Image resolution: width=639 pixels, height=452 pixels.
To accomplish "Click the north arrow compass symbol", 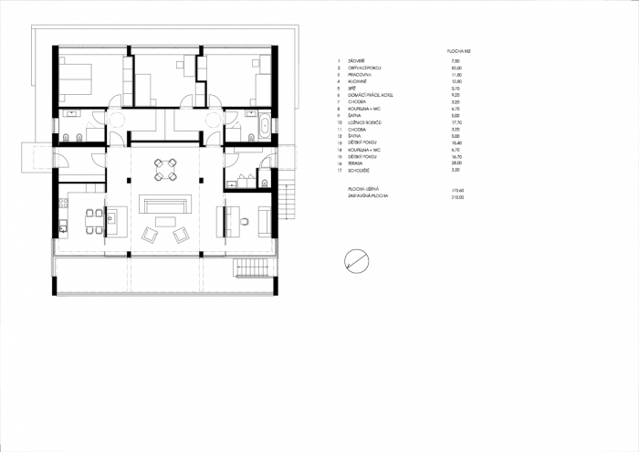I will click(x=356, y=261).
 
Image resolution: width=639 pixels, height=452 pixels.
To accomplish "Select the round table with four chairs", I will click(x=165, y=169).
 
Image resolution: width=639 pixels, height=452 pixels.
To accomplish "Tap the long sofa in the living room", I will click(x=164, y=203).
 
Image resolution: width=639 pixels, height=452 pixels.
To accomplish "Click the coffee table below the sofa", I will click(x=164, y=221).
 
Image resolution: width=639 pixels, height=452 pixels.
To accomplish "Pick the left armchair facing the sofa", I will click(x=149, y=236).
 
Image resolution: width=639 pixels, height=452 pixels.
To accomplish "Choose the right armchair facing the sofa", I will click(x=181, y=236).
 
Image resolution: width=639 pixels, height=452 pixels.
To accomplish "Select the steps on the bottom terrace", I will click(x=254, y=268).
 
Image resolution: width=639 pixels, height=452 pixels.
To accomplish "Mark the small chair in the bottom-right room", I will click(x=245, y=221).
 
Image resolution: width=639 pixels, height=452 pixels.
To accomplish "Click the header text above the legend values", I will click(x=458, y=50).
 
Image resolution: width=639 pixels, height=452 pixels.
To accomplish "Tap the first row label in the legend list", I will click(x=352, y=60).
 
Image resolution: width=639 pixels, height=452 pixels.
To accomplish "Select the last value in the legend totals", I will click(x=457, y=195).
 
